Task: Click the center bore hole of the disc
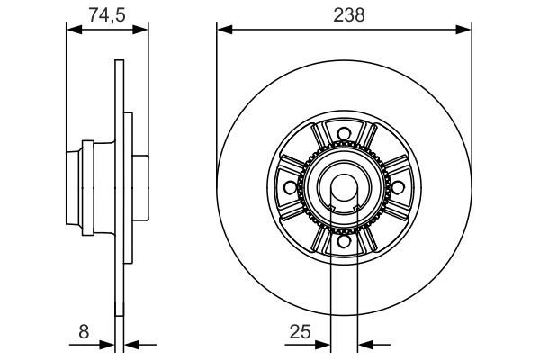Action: pyautogui.click(x=344, y=186)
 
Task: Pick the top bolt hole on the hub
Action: pyautogui.click(x=344, y=137)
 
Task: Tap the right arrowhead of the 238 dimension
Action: pyautogui.click(x=465, y=31)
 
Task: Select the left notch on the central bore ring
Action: pyautogui.click(x=333, y=210)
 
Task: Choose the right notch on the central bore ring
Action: pyautogui.click(x=355, y=210)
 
